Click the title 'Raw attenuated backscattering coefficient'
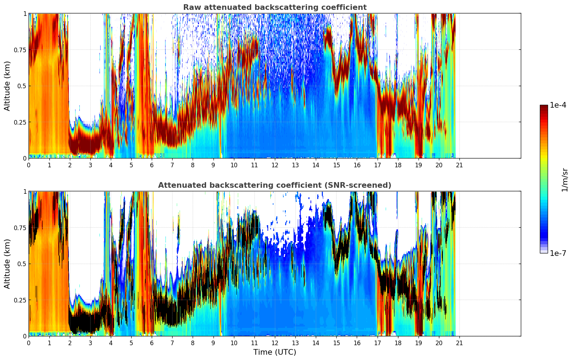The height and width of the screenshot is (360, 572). [275, 7]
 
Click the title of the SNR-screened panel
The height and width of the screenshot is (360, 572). [275, 185]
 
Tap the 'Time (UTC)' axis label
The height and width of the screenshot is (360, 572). [275, 352]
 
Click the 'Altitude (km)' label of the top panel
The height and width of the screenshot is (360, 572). [7, 86]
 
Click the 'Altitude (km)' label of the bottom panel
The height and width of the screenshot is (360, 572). [7, 264]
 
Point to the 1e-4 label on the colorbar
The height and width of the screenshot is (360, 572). [558, 105]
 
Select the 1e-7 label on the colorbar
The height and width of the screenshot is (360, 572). [558, 253]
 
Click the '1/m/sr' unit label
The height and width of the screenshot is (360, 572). [564, 180]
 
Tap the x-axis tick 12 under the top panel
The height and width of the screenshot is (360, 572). [275, 165]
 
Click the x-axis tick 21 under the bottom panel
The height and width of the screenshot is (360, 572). [459, 343]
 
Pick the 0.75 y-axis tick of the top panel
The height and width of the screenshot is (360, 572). [20, 50]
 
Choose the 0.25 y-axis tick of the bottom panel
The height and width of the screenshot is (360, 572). [20, 300]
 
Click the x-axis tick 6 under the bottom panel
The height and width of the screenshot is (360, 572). [152, 343]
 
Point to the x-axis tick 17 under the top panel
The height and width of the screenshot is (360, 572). [377, 165]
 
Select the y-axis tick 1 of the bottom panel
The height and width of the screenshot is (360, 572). [25, 191]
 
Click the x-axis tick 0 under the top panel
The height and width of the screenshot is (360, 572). [29, 165]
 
